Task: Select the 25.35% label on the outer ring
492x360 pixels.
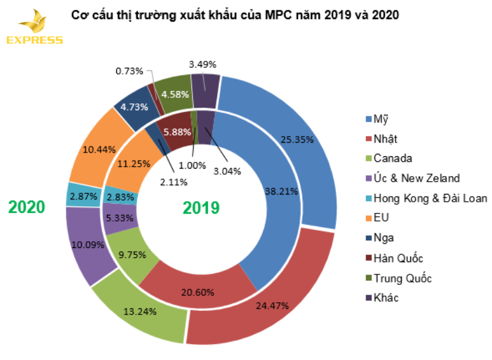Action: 297,139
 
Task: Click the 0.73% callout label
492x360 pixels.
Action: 129,71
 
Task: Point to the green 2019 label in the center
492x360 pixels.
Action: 200,207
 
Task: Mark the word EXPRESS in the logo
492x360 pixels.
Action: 34,41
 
